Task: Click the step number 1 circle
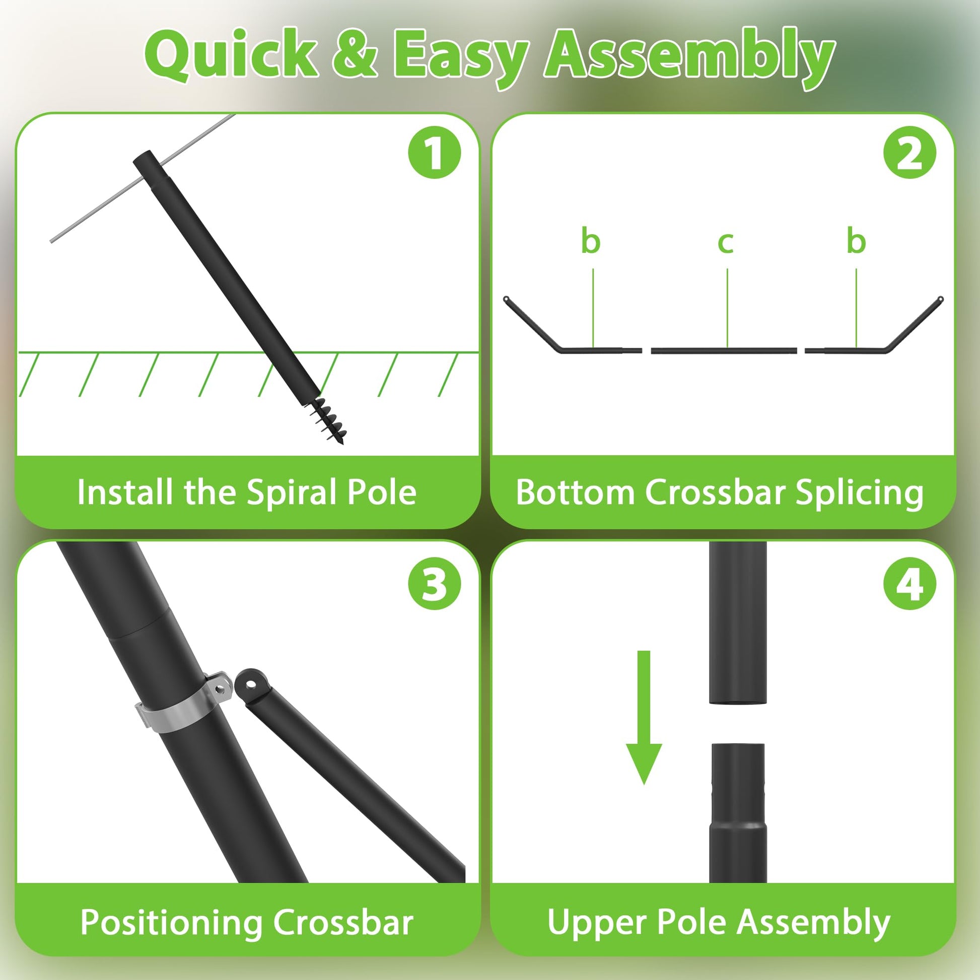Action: click(x=434, y=152)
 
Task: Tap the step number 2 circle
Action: click(x=909, y=152)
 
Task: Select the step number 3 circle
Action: click(x=434, y=584)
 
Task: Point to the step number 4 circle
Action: click(x=909, y=584)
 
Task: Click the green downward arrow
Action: click(x=644, y=717)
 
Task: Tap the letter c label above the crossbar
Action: click(x=725, y=242)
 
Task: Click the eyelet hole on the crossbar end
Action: click(x=251, y=684)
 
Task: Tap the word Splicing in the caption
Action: click(x=859, y=493)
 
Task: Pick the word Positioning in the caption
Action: click(x=171, y=922)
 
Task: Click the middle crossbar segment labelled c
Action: click(x=724, y=351)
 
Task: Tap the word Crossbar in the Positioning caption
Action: click(x=343, y=922)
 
